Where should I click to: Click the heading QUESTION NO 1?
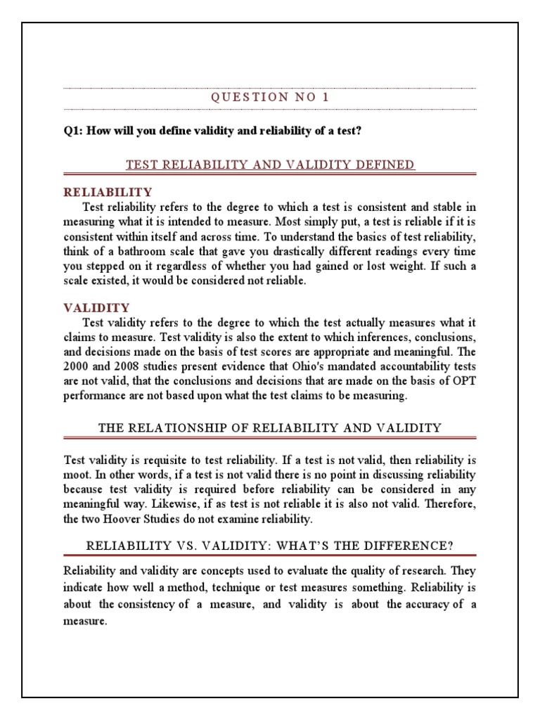point(270,98)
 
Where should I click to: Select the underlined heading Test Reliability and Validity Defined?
point(270,165)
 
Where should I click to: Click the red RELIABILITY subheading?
point(108,192)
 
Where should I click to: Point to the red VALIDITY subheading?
point(96,307)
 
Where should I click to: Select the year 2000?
point(76,368)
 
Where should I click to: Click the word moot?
point(76,474)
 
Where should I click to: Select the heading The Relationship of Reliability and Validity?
point(270,427)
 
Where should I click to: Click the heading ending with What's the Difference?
point(270,545)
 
